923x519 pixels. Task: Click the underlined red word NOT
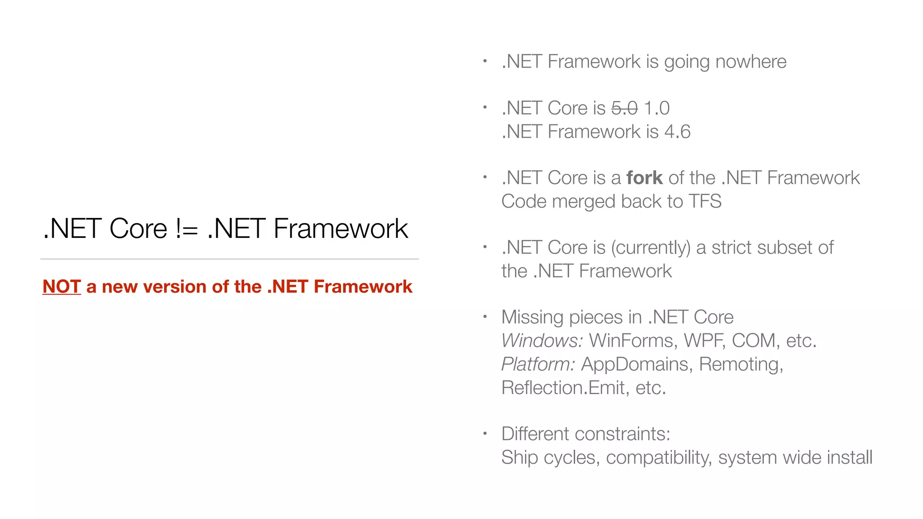pos(61,287)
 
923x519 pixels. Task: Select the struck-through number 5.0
pos(624,108)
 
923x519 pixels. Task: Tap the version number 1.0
pos(657,108)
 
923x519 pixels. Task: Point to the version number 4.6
pos(677,132)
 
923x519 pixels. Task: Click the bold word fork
pos(644,178)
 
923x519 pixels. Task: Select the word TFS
pos(705,201)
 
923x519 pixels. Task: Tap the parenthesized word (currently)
pos(651,248)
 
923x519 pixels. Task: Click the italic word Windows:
pos(542,341)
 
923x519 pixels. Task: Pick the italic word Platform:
pos(538,364)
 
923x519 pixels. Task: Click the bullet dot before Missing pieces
pos(485,317)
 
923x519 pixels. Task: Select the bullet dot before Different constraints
pos(485,434)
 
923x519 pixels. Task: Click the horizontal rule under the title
pos(229,259)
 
